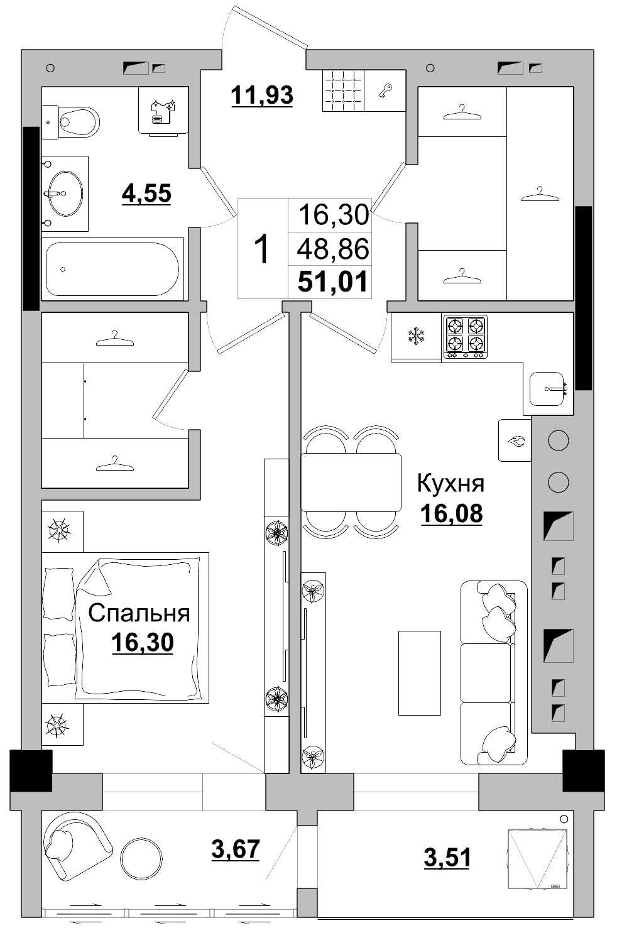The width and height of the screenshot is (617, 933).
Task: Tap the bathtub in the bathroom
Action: (113, 269)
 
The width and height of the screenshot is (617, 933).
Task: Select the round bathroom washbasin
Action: (64, 194)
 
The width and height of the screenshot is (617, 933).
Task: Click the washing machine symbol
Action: (163, 112)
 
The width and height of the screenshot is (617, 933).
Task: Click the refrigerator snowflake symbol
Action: (415, 336)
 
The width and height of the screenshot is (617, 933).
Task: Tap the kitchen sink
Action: (548, 389)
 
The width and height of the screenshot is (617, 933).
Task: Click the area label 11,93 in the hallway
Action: (262, 95)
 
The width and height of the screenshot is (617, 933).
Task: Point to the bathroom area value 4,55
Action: (146, 194)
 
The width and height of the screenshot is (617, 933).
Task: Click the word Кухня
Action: (450, 484)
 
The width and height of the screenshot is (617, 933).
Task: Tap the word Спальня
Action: (139, 613)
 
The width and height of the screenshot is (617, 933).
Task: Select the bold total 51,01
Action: (332, 281)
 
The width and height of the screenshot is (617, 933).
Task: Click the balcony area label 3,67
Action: (236, 849)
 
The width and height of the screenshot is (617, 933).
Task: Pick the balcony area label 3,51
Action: (447, 857)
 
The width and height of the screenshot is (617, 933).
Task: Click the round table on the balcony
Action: (141, 858)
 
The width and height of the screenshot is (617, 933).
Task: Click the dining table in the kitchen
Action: (351, 482)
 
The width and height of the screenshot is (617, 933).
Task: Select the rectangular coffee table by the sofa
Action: (419, 673)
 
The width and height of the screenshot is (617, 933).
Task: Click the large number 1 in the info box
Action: (261, 249)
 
